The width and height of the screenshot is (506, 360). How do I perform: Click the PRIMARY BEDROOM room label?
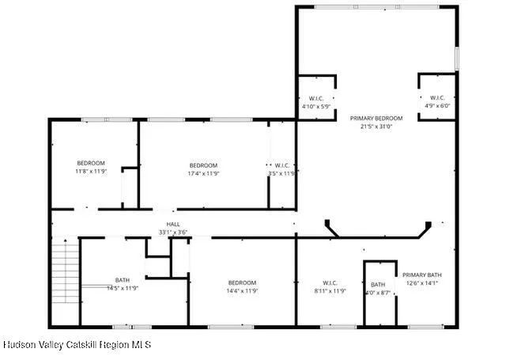tap(376, 118)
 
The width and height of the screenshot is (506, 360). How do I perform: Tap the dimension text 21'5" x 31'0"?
tap(376, 126)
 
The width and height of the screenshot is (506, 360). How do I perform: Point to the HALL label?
tap(172, 225)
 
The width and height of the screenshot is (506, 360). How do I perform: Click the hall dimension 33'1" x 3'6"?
tap(172, 233)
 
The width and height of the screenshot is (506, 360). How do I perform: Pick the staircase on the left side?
tap(66, 274)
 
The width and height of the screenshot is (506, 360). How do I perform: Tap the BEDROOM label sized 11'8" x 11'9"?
tap(91, 163)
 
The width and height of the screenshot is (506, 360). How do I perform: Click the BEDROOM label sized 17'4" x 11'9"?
tap(203, 165)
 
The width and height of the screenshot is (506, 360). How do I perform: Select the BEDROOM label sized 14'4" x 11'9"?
tap(242, 282)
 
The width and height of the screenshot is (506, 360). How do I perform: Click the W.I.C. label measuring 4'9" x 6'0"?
tap(436, 98)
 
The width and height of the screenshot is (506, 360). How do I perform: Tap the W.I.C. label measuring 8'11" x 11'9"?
tap(330, 282)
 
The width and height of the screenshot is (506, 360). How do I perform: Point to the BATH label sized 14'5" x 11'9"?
tap(122, 280)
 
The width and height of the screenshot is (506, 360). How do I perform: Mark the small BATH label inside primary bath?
tap(378, 285)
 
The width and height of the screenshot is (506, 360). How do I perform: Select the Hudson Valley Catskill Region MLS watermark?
tap(77, 345)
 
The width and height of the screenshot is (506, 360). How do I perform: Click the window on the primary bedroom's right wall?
tap(456, 59)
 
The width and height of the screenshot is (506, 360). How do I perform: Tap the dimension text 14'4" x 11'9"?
tap(242, 290)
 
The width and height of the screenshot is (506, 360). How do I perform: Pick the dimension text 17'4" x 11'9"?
tap(203, 173)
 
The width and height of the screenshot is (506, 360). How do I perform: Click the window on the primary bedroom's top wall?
tap(376, 7)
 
